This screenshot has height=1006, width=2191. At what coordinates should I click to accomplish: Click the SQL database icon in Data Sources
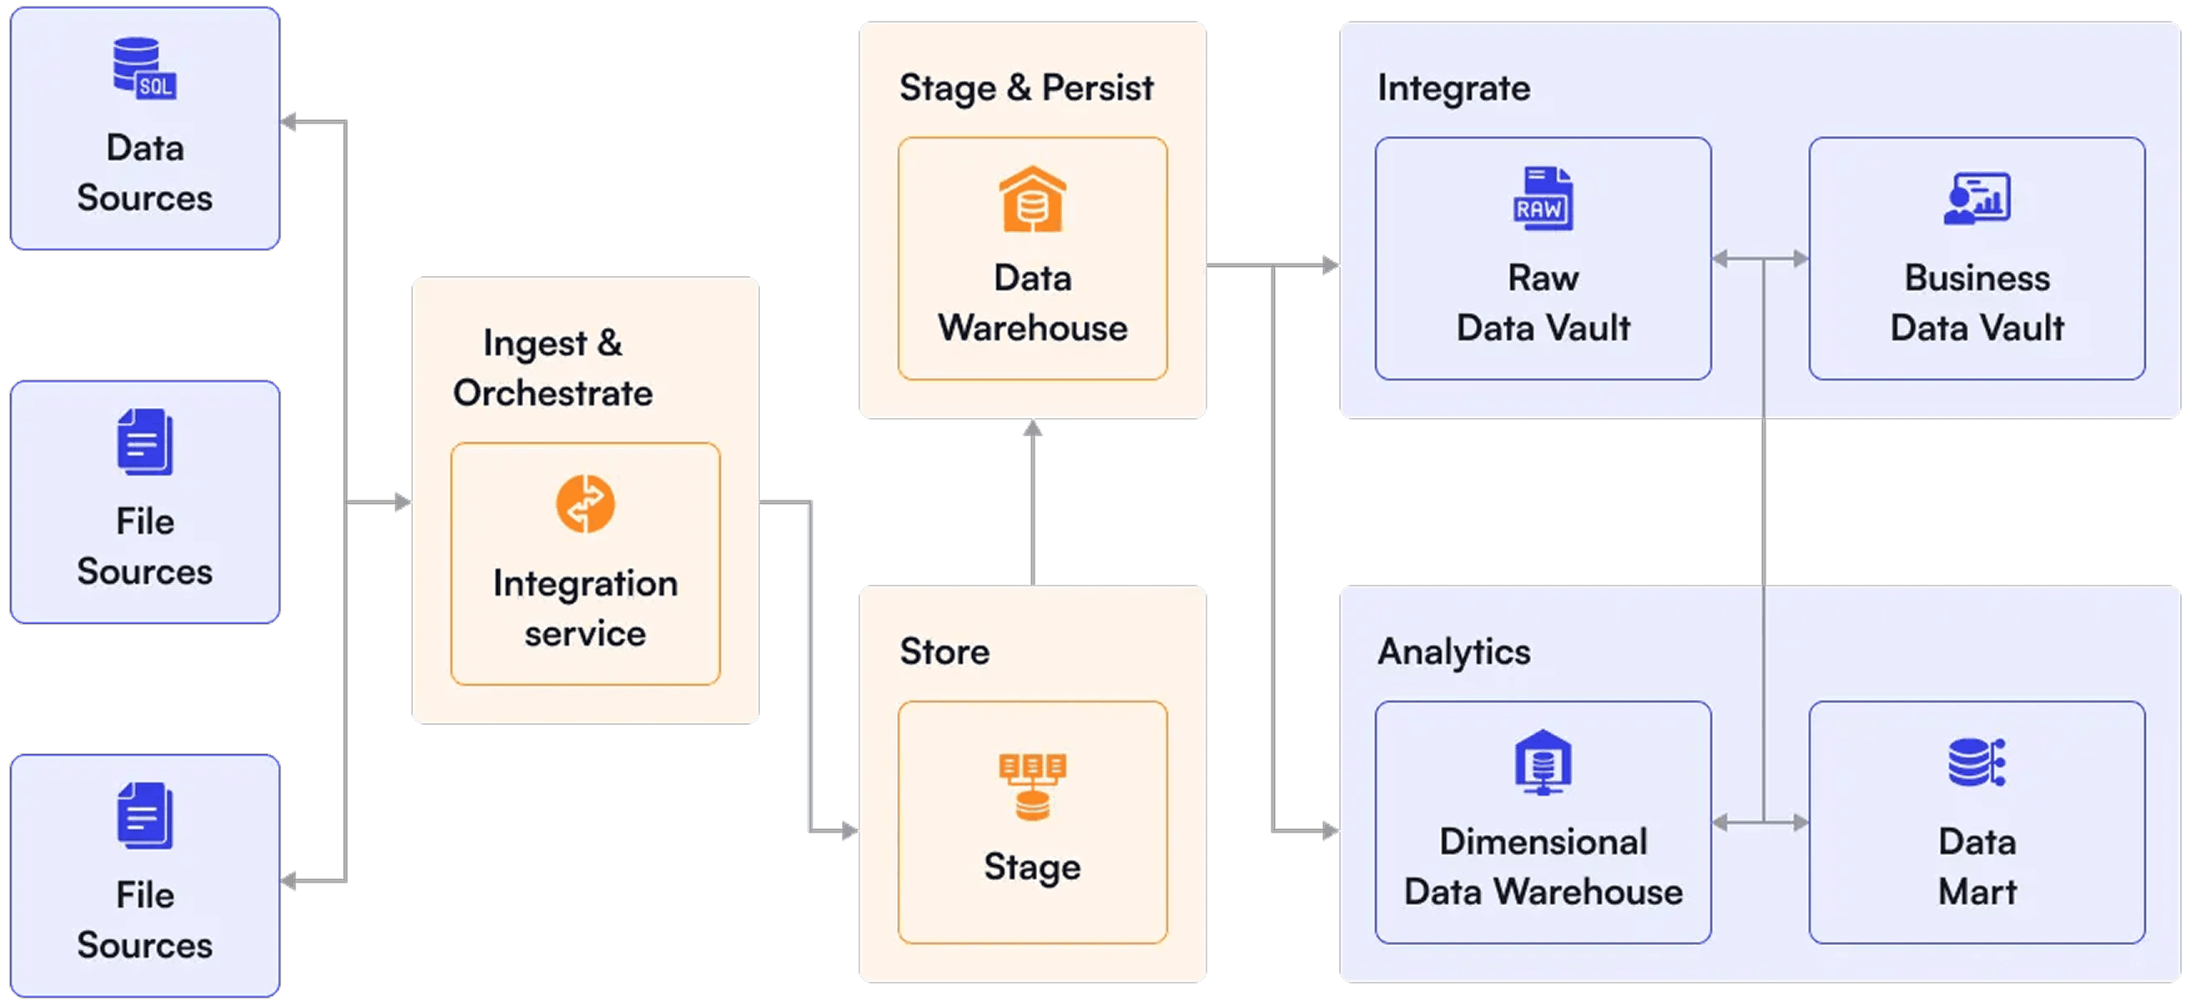144,68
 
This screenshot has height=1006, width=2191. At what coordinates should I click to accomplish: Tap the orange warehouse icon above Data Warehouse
1032,199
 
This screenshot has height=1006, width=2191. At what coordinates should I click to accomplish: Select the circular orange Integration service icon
585,504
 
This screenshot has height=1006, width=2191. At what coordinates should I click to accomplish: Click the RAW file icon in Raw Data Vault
1543,199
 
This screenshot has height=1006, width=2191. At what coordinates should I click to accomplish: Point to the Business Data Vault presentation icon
1977,199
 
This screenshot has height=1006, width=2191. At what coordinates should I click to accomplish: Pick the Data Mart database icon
1977,762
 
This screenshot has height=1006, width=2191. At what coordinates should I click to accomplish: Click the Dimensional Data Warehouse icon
1543,762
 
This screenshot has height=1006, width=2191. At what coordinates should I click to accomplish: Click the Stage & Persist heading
1025,88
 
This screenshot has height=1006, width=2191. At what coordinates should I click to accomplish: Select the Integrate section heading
1453,88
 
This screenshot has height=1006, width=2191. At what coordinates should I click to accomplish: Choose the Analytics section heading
1453,651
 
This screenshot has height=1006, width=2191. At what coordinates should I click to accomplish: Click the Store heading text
944,651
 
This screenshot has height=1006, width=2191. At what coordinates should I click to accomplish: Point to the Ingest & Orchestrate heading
553,367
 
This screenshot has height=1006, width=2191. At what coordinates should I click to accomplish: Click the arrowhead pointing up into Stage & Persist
1033,428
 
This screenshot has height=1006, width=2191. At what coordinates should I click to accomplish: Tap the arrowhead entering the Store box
849,830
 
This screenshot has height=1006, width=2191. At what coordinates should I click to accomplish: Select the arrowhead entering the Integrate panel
1331,266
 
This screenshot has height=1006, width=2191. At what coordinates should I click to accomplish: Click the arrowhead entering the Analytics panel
1331,830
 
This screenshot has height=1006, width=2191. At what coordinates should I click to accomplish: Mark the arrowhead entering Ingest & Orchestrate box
403,502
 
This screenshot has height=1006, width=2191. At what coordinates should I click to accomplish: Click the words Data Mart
1977,866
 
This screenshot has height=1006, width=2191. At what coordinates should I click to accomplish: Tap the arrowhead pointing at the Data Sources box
290,123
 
